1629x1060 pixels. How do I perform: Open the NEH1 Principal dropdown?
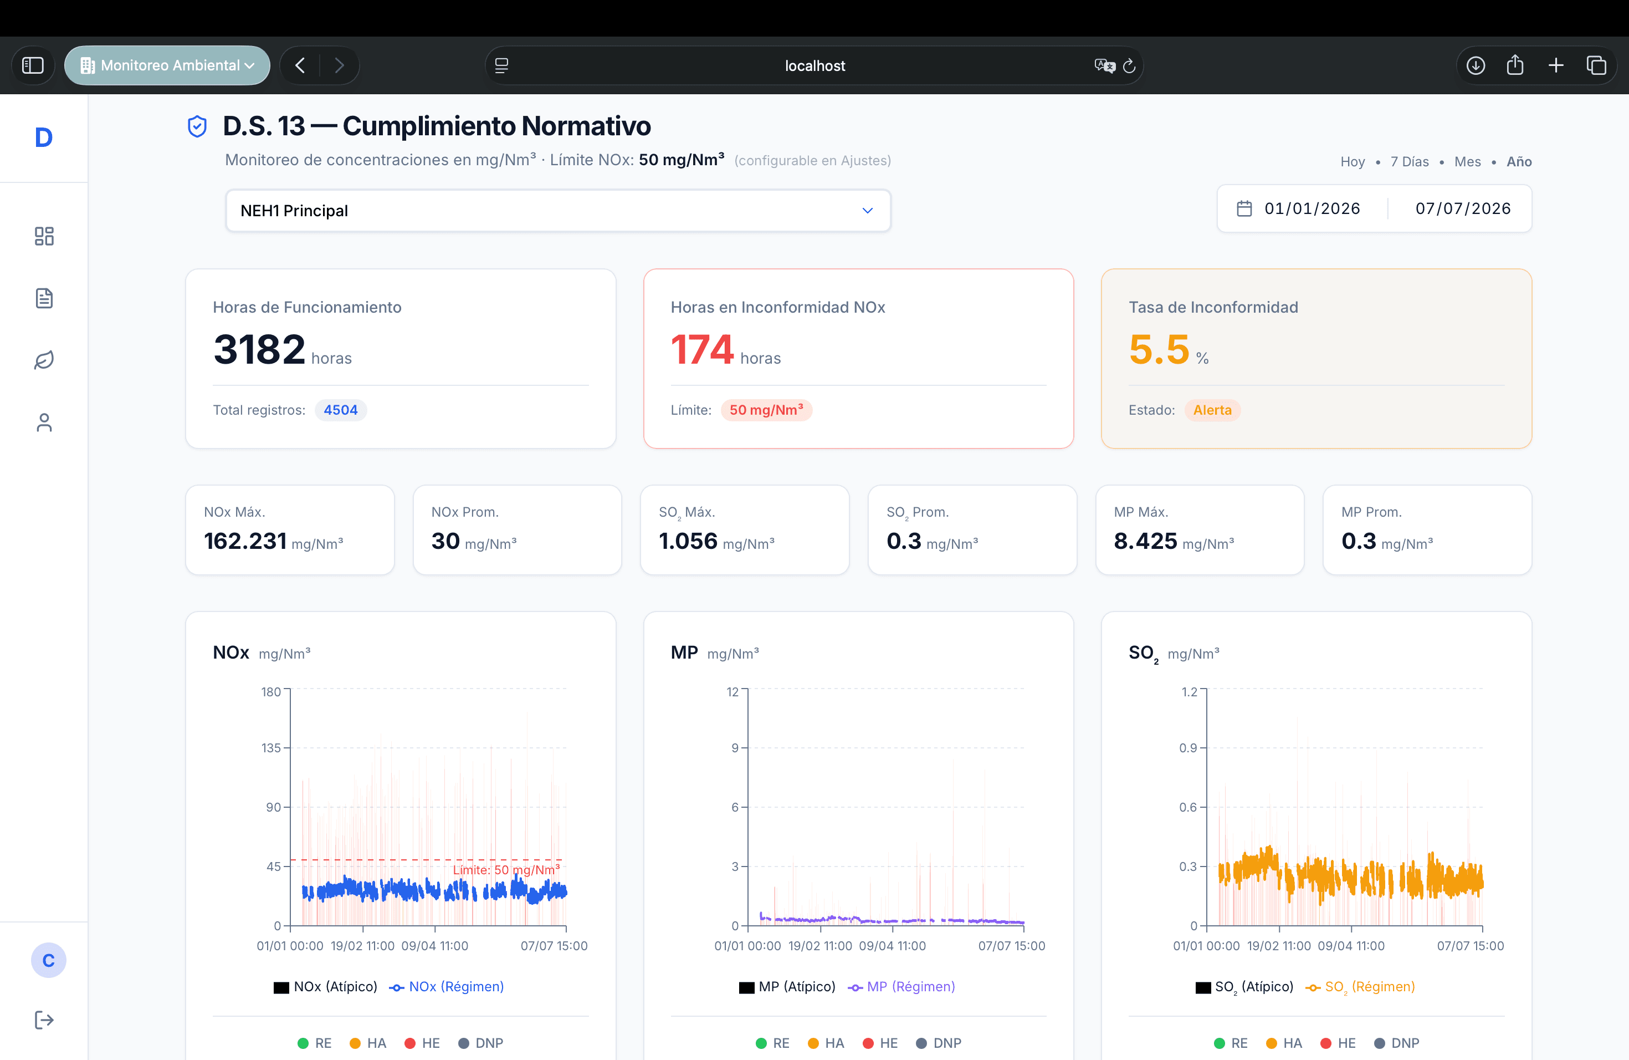pos(558,211)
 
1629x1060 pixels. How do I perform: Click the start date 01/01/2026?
pos(1312,209)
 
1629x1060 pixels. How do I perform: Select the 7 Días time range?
pos(1409,161)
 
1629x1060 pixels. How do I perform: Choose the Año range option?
pos(1519,161)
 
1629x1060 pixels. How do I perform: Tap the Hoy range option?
pos(1353,161)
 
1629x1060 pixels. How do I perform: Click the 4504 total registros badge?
pos(341,410)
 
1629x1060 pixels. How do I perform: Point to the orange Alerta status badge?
pos(1212,410)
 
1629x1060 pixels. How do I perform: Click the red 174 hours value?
pos(702,349)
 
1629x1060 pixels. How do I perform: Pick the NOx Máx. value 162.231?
pos(245,541)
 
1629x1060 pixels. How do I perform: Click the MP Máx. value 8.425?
pos(1145,541)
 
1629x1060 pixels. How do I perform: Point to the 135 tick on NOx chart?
pos(271,748)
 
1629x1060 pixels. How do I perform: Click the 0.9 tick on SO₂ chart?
pos(1187,748)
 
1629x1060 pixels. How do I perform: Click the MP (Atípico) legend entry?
pos(787,987)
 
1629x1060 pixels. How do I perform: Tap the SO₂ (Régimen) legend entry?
pos(1360,987)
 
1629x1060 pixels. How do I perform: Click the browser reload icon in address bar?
pos(1129,66)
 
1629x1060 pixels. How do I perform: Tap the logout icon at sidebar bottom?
pos(44,1020)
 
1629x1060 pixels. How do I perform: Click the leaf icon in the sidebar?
pos(44,360)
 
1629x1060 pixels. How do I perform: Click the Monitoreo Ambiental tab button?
pos(167,66)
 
